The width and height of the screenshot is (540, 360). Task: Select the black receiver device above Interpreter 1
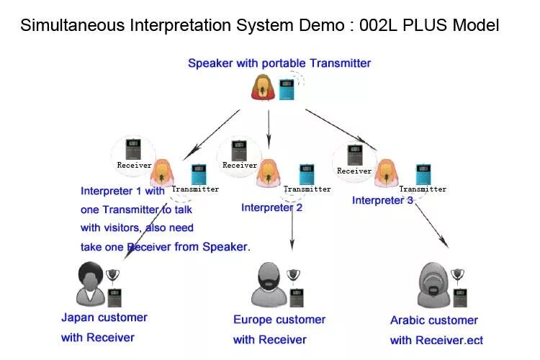click(134, 150)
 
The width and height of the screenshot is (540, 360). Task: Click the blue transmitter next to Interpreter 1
click(198, 174)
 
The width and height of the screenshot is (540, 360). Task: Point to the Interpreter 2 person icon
click(269, 174)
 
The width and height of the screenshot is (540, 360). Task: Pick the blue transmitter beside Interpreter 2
click(307, 174)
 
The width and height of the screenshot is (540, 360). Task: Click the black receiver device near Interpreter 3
click(354, 156)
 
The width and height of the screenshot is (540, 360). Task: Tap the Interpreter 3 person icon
click(387, 174)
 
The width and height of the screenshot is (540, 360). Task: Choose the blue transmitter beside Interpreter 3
click(423, 174)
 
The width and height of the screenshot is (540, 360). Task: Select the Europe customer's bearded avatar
click(269, 286)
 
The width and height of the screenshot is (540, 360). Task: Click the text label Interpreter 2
click(271, 207)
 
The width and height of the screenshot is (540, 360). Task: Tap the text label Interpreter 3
click(382, 200)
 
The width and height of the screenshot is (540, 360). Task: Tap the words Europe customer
click(279, 320)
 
